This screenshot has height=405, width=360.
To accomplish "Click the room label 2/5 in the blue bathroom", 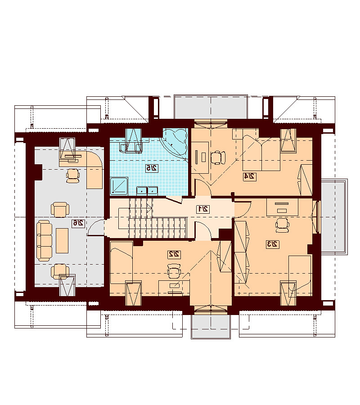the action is tap(151, 168).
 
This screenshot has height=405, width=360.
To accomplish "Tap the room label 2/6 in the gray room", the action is tap(78, 223).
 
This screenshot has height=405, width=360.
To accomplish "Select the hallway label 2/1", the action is tap(203, 209).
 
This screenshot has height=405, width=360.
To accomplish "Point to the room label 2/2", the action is tap(174, 254).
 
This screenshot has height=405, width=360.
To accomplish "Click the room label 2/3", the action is tap(272, 244).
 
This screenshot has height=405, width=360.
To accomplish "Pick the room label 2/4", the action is tap(250, 176).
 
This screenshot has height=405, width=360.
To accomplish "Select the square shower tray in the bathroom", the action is tap(119, 185).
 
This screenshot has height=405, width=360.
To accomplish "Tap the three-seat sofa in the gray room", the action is tap(45, 241).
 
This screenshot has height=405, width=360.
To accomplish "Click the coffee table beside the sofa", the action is tap(62, 241).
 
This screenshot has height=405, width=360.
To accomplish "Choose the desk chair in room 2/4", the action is tap(217, 157).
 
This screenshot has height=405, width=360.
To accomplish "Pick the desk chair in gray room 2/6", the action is tap(72, 175).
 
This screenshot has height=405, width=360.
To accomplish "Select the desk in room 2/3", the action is tap(282, 207).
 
